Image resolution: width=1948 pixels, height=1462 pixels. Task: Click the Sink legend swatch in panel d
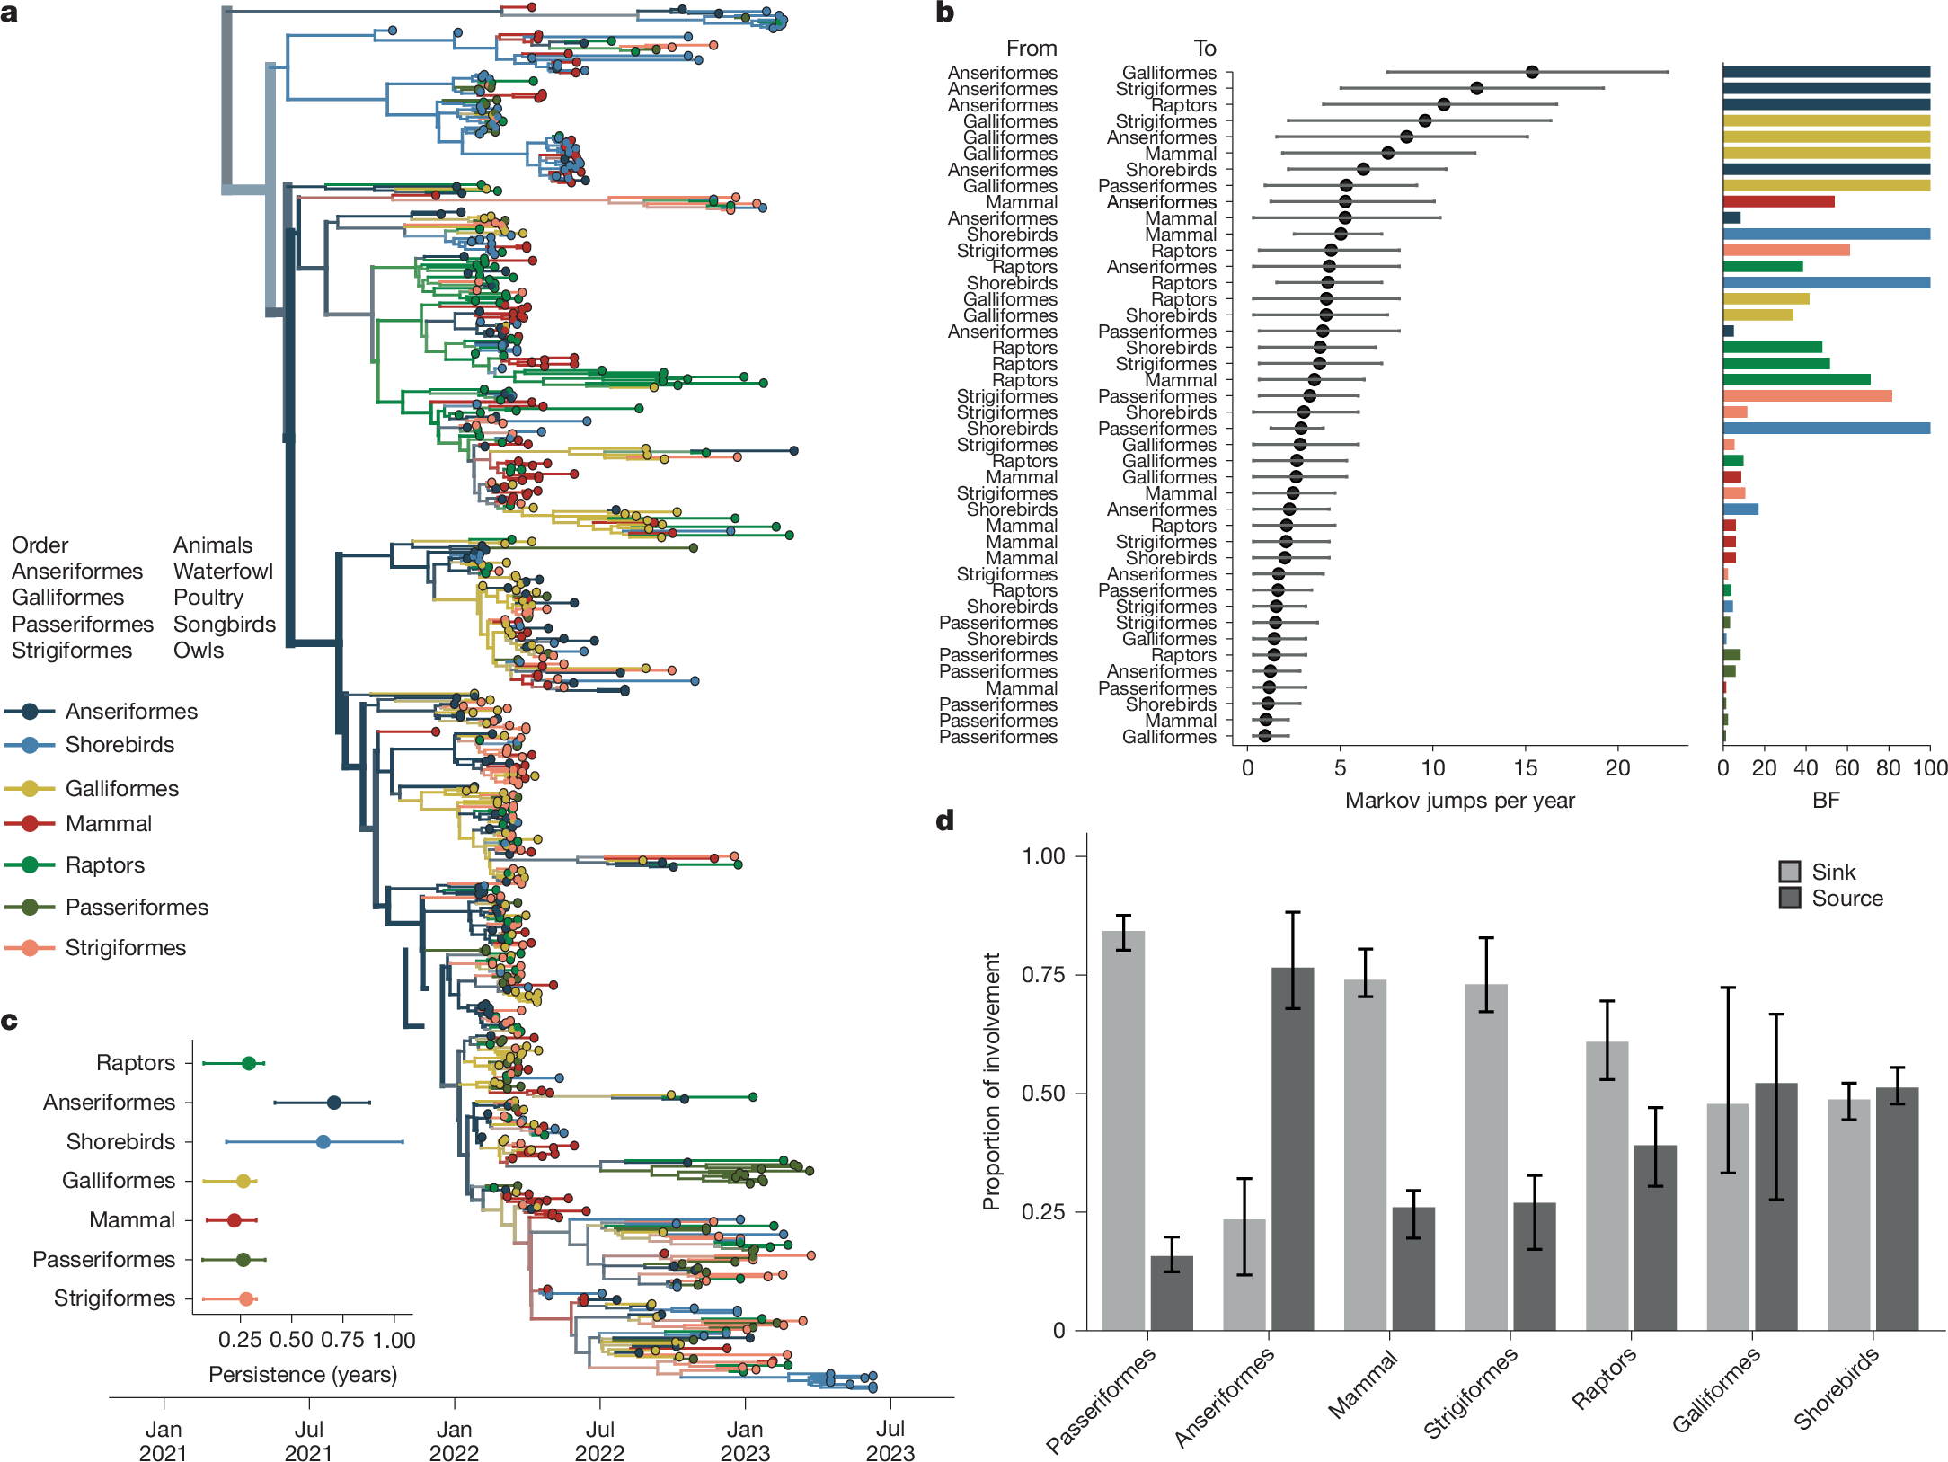point(1789,872)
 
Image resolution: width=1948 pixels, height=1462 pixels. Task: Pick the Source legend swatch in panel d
point(1789,898)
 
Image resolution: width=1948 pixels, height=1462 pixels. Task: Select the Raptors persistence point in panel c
point(249,1063)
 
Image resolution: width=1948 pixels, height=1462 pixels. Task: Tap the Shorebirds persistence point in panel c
point(323,1141)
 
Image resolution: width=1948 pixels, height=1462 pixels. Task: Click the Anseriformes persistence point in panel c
point(333,1103)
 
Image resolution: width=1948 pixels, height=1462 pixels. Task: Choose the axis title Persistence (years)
point(303,1375)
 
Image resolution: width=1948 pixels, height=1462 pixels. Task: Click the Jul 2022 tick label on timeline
point(599,1440)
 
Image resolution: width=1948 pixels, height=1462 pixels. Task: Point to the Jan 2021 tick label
point(164,1440)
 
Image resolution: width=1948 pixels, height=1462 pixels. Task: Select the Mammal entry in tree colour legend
point(108,823)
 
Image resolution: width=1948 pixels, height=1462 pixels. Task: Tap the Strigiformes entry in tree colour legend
point(125,947)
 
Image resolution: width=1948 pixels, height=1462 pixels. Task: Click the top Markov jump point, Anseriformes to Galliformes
point(1532,72)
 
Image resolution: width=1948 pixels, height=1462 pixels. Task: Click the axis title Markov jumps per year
point(1459,801)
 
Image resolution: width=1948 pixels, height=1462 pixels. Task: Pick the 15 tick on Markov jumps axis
point(1525,768)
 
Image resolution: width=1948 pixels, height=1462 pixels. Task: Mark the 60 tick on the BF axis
point(1846,768)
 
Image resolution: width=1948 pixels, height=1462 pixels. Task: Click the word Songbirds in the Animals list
point(224,624)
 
